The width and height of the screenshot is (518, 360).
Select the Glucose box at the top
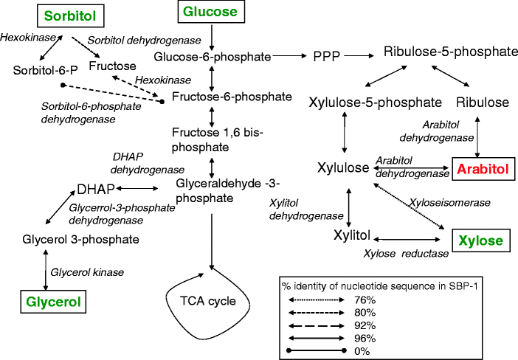tap(210, 12)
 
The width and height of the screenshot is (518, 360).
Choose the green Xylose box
tap(480, 241)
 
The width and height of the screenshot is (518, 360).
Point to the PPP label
tap(327, 55)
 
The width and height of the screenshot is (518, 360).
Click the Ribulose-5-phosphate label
tap(450, 52)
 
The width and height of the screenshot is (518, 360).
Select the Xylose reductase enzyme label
tap(406, 254)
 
